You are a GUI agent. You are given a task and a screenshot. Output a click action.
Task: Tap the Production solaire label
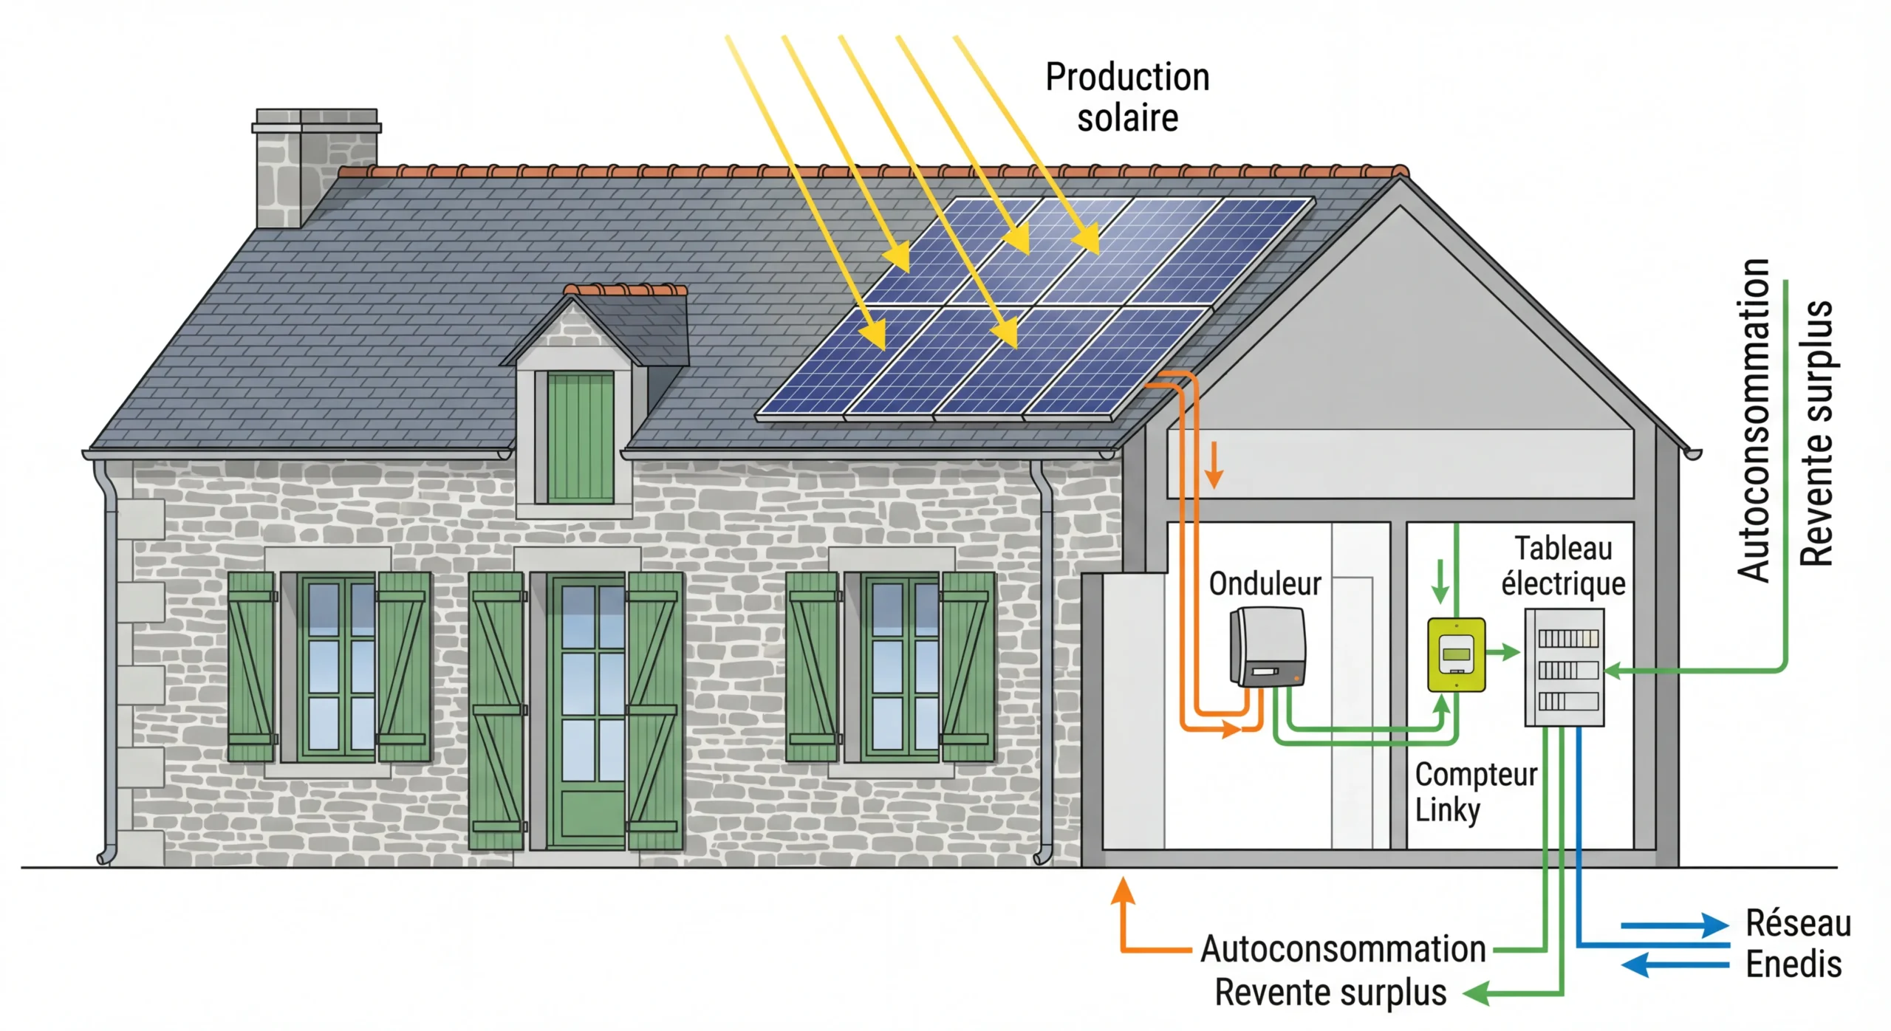coord(1127,97)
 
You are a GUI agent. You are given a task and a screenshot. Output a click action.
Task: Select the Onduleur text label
coord(1265,584)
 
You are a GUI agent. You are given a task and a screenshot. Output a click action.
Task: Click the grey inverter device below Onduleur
coord(1267,647)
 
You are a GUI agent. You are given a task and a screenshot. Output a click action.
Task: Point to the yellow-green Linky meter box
coord(1456,655)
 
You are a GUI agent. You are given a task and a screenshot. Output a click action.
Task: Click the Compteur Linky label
coord(1474,792)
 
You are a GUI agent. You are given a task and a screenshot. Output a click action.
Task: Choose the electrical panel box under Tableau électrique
coord(1565,667)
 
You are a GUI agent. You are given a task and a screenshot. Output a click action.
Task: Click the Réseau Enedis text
coord(1798,944)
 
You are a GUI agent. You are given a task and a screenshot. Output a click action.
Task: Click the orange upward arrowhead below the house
coord(1123,891)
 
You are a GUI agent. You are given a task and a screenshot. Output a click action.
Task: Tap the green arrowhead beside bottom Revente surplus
coord(1475,993)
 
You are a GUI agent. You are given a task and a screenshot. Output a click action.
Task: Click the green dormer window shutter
coord(580,437)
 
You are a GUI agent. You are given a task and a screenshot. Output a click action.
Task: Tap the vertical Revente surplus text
coord(1816,434)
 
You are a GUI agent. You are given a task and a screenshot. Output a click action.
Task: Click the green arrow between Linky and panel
coord(1502,652)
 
